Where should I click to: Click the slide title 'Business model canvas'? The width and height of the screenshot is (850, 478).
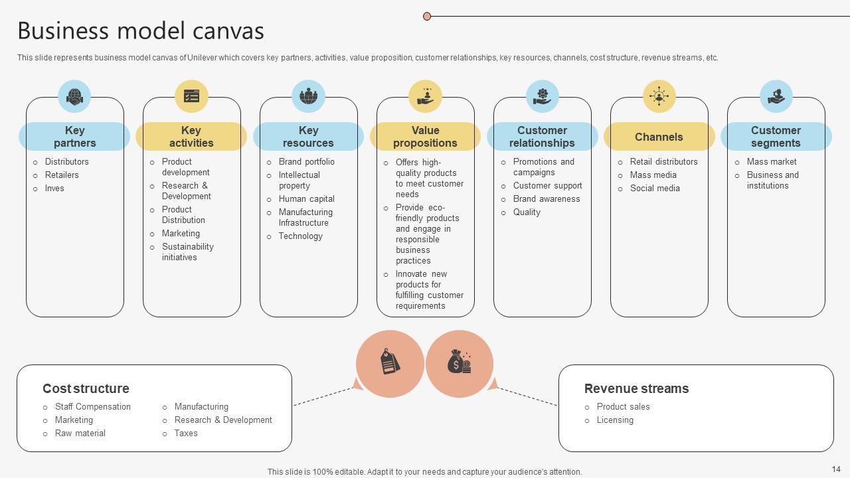(x=141, y=31)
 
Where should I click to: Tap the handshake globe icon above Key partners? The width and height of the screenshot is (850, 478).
(x=74, y=96)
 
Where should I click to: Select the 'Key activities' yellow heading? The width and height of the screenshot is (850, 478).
(x=191, y=137)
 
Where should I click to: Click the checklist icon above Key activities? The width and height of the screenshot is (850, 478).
(x=191, y=96)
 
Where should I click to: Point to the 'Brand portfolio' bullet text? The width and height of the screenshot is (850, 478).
(x=306, y=162)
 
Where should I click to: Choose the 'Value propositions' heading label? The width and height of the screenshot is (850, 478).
(x=425, y=137)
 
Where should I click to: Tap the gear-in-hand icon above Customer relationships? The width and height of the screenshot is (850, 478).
(x=543, y=96)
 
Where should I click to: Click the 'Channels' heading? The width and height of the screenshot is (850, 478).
(x=659, y=137)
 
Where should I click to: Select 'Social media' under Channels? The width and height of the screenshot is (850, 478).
(x=655, y=189)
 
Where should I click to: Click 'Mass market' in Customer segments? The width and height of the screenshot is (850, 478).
(x=772, y=162)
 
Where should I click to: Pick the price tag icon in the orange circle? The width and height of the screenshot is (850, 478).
(x=390, y=363)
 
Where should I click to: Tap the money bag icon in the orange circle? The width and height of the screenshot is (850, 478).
(x=459, y=363)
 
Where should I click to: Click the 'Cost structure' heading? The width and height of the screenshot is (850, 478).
(x=86, y=388)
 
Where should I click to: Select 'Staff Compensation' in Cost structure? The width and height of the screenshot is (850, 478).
(x=93, y=407)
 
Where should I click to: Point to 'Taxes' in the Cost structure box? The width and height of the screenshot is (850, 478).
(x=186, y=434)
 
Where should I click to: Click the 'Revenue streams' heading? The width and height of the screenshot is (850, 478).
(x=636, y=388)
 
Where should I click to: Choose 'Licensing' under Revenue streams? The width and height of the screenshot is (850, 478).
(x=615, y=420)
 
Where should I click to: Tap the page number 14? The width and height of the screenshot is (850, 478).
(x=835, y=469)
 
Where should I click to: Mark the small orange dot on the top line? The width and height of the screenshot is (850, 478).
(x=427, y=16)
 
